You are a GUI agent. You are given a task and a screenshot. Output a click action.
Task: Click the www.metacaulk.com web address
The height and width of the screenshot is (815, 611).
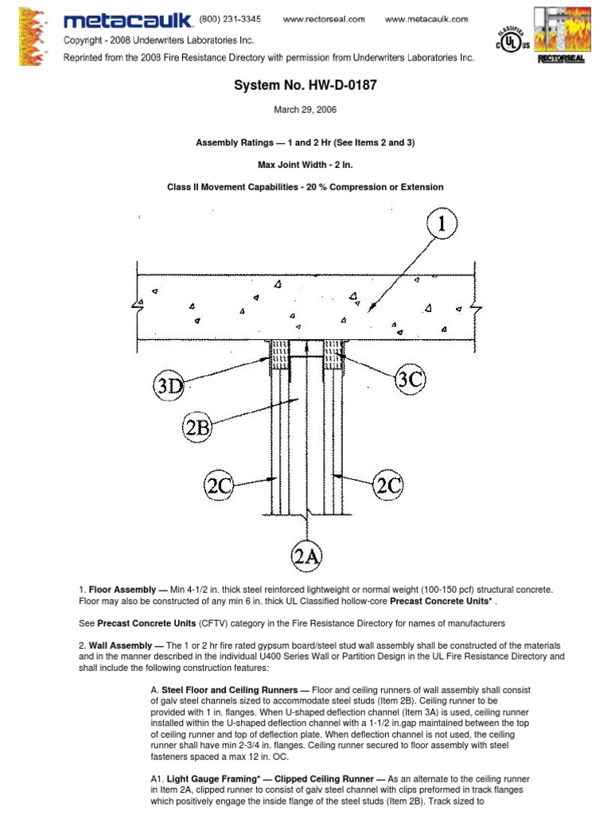click(x=426, y=18)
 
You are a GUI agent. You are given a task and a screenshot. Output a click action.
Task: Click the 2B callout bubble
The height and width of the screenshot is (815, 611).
click(x=198, y=427)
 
